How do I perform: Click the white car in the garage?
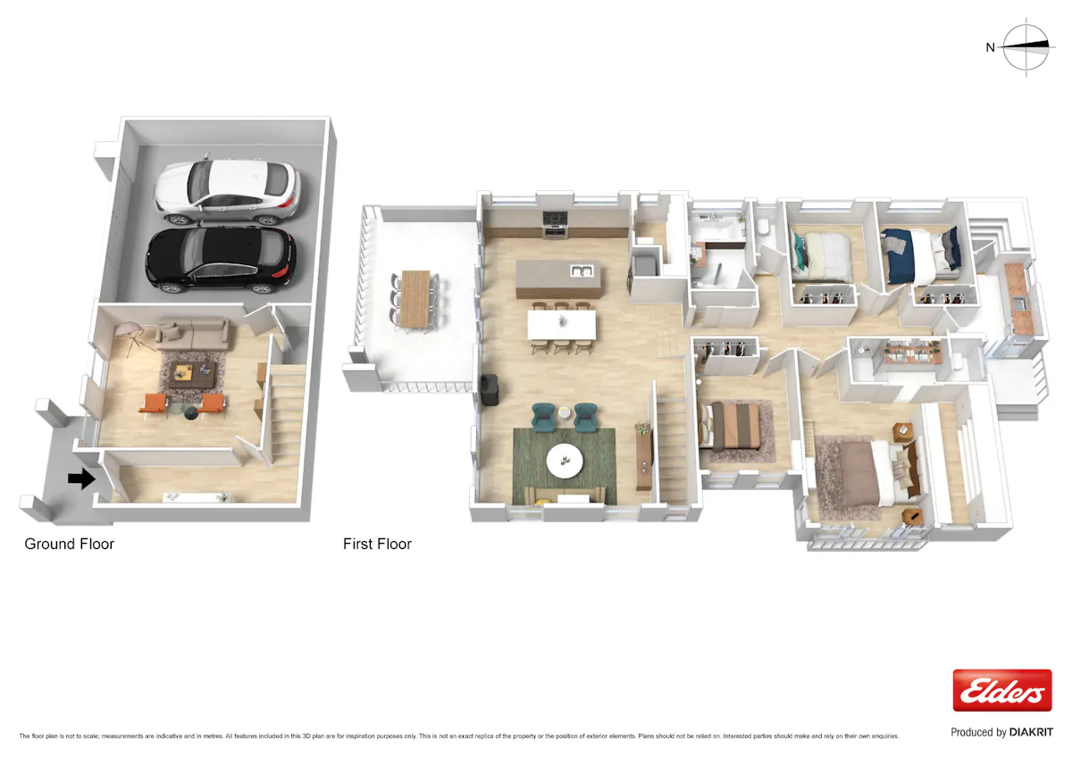click(227, 191)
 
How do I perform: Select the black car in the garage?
click(222, 260)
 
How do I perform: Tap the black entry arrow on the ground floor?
click(81, 478)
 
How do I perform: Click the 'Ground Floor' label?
click(70, 544)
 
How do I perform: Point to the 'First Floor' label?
click(377, 544)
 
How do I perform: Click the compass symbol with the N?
click(1021, 46)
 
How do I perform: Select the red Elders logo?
click(1002, 690)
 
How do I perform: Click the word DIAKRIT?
click(1031, 732)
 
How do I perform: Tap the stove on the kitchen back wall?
click(555, 224)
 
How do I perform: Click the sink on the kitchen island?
click(582, 271)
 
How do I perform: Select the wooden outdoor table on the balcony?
click(415, 299)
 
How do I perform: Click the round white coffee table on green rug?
click(565, 461)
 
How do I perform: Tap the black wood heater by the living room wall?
click(490, 389)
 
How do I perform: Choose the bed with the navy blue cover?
click(921, 255)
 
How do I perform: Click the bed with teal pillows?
click(821, 256)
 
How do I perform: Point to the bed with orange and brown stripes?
click(731, 426)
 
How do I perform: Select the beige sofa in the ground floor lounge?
click(192, 334)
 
